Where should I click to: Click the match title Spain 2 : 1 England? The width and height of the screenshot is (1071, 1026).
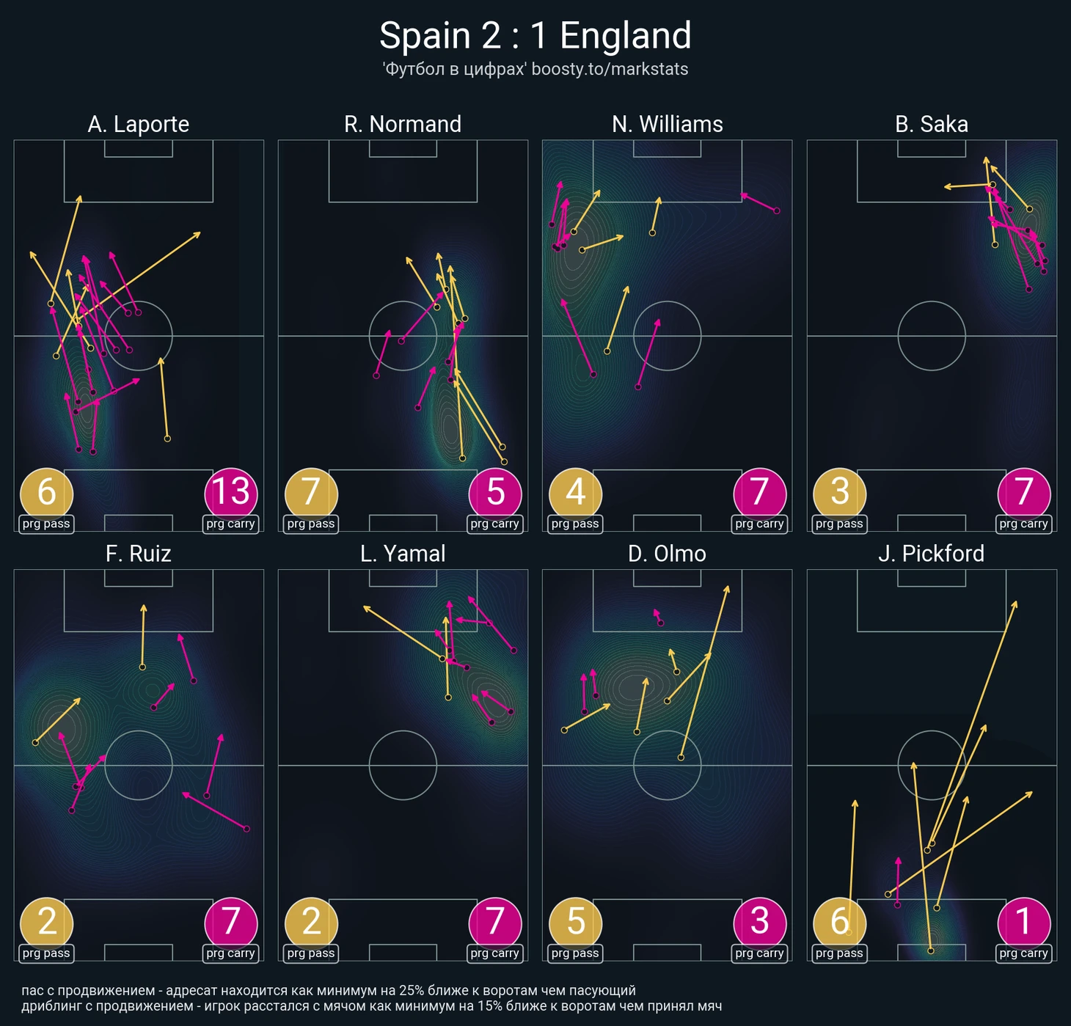click(x=535, y=35)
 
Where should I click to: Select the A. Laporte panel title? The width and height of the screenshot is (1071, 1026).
click(x=138, y=124)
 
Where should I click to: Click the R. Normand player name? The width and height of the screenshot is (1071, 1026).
click(x=403, y=124)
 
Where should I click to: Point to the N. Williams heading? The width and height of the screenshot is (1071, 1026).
click(x=667, y=124)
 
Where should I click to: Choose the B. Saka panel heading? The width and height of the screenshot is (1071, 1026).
click(x=931, y=124)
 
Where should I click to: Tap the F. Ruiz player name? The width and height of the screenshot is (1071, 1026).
click(x=138, y=553)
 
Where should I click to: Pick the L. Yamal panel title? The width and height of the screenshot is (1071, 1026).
click(x=403, y=553)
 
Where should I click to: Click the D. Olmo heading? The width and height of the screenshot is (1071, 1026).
click(x=667, y=553)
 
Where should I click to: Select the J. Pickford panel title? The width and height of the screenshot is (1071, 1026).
click(x=931, y=553)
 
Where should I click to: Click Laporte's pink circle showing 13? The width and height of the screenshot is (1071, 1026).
click(x=231, y=492)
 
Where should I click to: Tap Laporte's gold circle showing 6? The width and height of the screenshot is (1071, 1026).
click(x=46, y=492)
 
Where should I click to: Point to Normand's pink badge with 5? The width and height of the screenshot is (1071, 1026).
click(x=495, y=492)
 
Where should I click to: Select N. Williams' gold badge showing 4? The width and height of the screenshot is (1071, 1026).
click(x=575, y=492)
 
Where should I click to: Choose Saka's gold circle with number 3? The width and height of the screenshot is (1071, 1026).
click(x=839, y=492)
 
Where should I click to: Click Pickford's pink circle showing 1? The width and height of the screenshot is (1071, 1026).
click(x=1023, y=921)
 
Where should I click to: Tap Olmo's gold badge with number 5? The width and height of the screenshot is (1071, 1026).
click(x=575, y=921)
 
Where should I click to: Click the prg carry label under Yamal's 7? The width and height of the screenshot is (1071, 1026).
click(x=495, y=953)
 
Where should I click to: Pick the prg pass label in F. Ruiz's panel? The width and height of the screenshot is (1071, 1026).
click(x=46, y=953)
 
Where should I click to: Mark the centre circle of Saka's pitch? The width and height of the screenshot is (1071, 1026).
click(x=931, y=336)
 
